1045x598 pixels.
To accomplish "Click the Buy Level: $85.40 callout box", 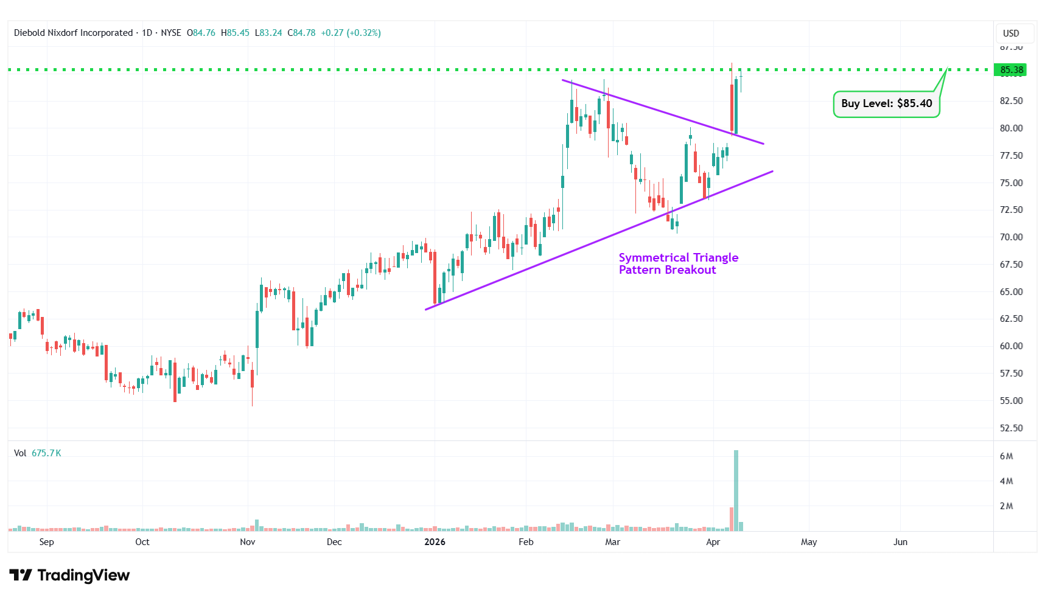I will point(886,103).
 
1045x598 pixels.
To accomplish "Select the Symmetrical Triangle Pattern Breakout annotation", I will point(678,263).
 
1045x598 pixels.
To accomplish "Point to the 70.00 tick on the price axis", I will point(1011,237).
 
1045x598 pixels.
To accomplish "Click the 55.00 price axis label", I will point(1011,401).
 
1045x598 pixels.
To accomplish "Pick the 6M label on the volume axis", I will point(1006,456).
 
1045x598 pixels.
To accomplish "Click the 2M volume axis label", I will point(1006,506).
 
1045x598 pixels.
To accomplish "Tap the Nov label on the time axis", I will point(248,542).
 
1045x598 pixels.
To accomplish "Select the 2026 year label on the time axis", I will point(435,542).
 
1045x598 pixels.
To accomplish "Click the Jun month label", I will point(900,542).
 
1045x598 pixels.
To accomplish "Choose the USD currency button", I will point(1011,33).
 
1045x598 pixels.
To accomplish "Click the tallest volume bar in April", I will point(736,490).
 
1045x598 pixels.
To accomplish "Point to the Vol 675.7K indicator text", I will point(38,453).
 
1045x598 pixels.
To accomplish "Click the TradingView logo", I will point(69,575).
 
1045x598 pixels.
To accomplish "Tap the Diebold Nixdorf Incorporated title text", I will point(73,33).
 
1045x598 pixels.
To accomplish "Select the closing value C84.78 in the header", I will point(301,33).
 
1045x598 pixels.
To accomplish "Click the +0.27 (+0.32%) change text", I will point(351,33).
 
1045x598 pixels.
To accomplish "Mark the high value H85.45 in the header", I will point(235,33).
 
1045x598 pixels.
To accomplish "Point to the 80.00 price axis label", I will point(1011,128).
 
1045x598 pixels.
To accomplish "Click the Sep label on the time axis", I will point(46,542).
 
